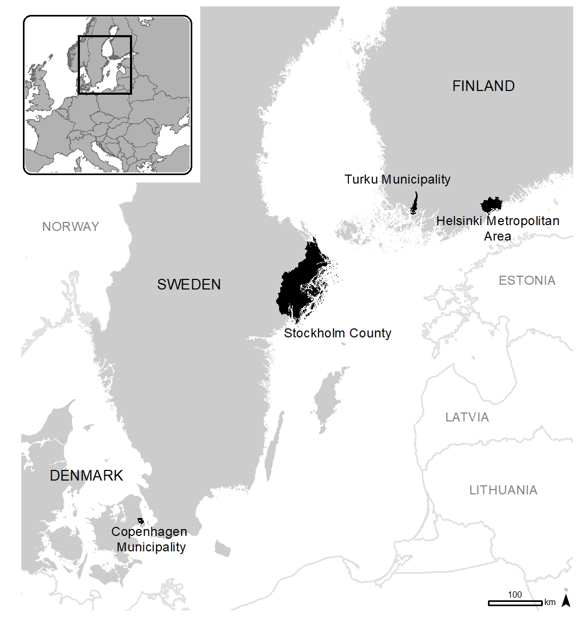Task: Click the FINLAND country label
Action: tap(483, 86)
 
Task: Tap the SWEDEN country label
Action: tap(189, 284)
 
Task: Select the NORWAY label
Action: tap(70, 227)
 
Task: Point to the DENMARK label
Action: tap(86, 475)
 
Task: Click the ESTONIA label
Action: tap(526, 280)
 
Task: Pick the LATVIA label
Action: tap(467, 417)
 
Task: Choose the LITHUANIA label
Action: tap(503, 490)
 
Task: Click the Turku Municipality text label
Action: tap(397, 179)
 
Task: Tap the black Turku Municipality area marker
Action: tap(414, 204)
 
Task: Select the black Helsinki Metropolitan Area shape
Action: tap(491, 204)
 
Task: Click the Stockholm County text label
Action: tap(337, 333)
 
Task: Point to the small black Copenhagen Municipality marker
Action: tap(141, 520)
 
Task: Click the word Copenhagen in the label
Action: tap(149, 532)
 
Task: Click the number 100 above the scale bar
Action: tap(515, 594)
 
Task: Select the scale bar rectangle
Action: tap(515, 603)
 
